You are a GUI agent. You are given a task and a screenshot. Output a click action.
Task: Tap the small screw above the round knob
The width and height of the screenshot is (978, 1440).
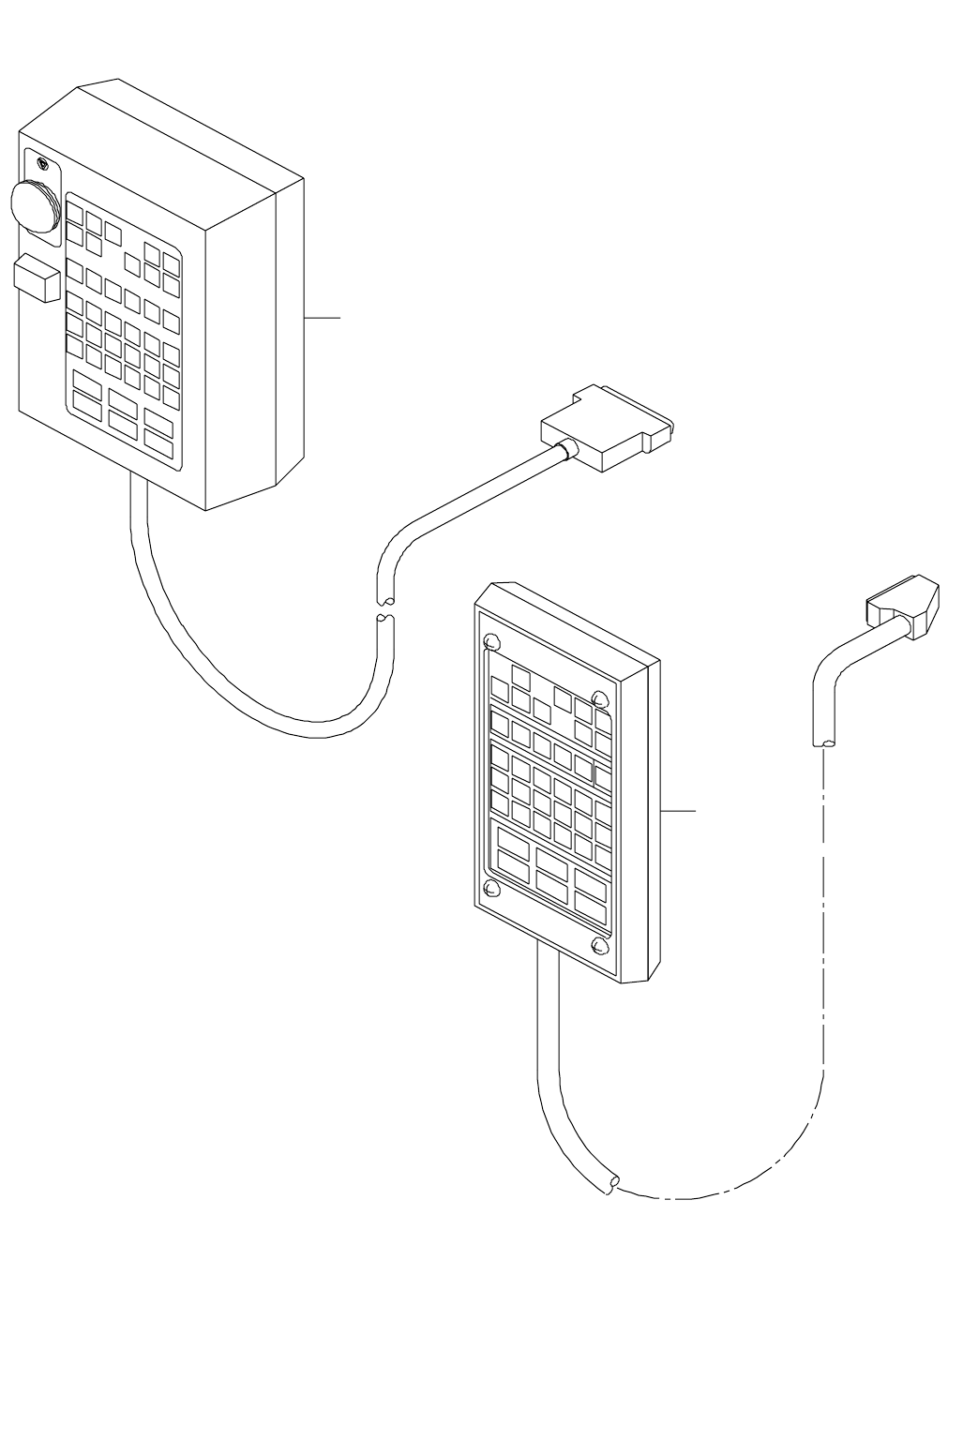(x=43, y=165)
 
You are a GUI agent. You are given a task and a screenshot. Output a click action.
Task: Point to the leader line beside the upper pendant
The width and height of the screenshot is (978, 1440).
(x=323, y=319)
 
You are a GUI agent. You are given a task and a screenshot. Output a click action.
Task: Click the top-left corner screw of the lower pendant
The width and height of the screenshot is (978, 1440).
(x=491, y=642)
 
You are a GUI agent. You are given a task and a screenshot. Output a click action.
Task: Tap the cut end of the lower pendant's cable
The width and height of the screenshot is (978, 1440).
(x=610, y=1184)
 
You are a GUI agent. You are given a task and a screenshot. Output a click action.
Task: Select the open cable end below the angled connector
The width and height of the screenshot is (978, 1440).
(x=822, y=744)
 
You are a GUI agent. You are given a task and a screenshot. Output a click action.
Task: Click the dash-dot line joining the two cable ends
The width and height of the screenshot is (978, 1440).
(x=822, y=984)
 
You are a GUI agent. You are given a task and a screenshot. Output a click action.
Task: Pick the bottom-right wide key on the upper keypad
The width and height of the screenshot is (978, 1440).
(x=158, y=438)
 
